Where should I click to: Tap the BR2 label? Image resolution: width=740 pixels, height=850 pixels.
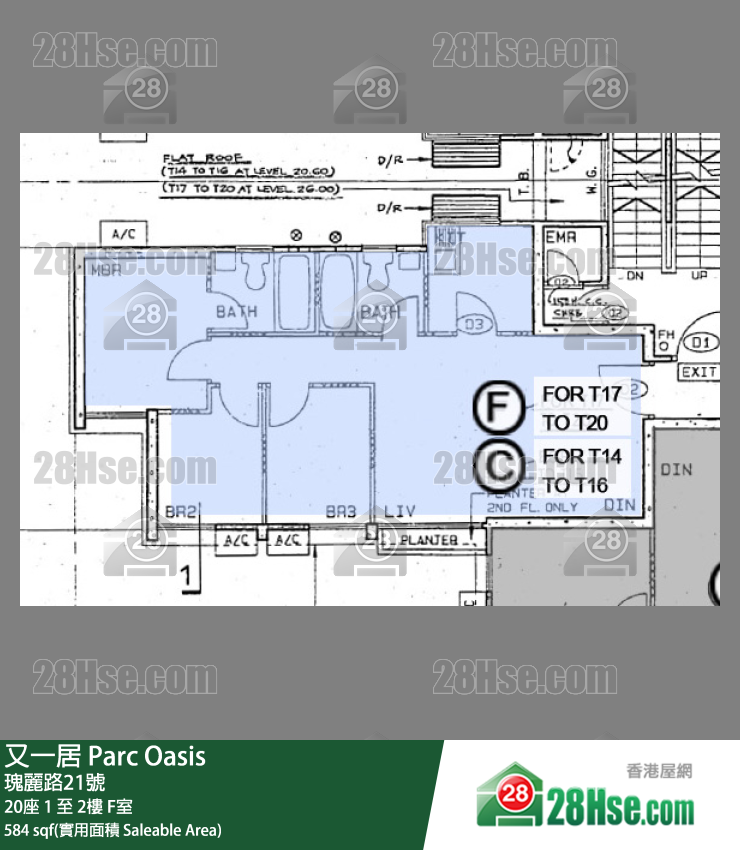click(x=182, y=511)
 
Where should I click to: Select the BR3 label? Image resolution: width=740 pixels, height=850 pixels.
click(x=340, y=511)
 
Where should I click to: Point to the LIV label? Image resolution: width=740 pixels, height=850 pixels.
click(x=398, y=511)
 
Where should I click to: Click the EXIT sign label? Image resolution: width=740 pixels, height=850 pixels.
click(x=699, y=372)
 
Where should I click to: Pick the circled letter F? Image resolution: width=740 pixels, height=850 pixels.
click(x=498, y=407)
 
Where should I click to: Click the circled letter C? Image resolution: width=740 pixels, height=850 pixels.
click(x=498, y=467)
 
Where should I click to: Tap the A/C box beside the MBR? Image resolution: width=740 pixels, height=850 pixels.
click(x=125, y=233)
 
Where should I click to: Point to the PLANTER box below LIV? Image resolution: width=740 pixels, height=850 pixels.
click(x=429, y=540)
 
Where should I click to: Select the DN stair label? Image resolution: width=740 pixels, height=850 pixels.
click(x=636, y=275)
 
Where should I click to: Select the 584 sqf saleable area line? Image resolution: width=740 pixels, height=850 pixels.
click(x=113, y=830)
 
